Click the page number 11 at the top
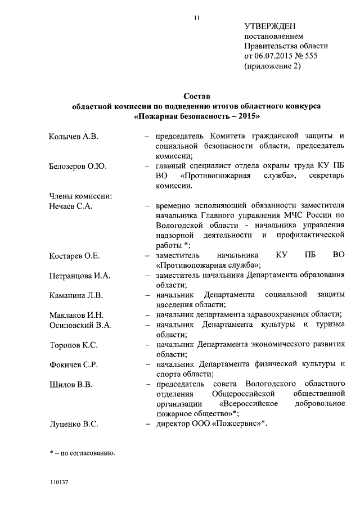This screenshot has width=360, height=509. pos(196,18)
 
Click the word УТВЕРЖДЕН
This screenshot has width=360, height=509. pos(270,26)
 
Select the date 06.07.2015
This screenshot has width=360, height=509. pos(274,56)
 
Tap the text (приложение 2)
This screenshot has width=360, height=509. pos(272,66)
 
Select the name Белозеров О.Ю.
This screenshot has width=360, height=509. pos(78,166)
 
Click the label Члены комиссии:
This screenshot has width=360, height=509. pos(81,196)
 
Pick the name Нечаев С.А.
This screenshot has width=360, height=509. pos(71,206)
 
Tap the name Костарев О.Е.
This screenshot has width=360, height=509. pos(74,256)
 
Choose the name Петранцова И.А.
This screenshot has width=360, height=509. pos(80,276)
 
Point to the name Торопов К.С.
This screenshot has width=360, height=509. pos(73,345)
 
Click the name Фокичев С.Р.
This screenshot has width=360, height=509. pos(73,364)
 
